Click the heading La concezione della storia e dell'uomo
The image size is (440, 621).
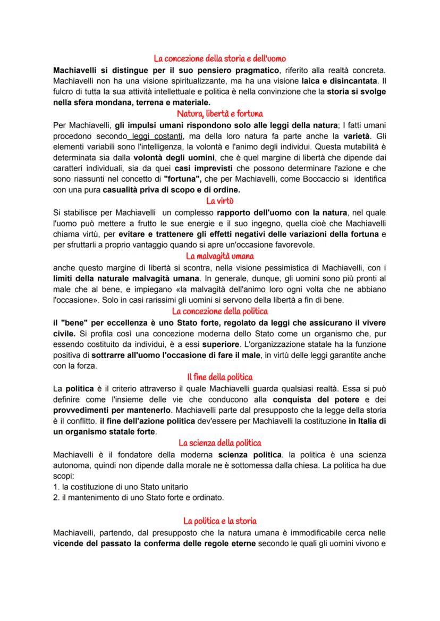pyautogui.click(x=219, y=58)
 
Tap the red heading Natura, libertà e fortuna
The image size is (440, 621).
pyautogui.click(x=219, y=113)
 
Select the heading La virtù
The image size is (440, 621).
pyautogui.click(x=219, y=201)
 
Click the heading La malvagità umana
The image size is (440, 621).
pyautogui.click(x=219, y=256)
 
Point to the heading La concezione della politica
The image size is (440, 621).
pyautogui.click(x=219, y=311)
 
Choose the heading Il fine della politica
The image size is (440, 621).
pyautogui.click(x=219, y=377)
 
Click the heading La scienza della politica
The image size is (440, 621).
pyautogui.click(x=219, y=442)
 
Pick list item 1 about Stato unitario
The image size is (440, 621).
pyautogui.click(x=121, y=486)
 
